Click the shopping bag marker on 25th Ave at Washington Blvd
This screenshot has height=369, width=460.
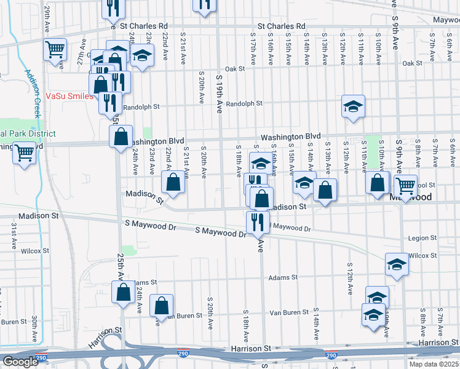coord(121,136)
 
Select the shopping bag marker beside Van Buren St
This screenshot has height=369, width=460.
coord(161,305)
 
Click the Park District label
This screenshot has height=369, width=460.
coord(28,133)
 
